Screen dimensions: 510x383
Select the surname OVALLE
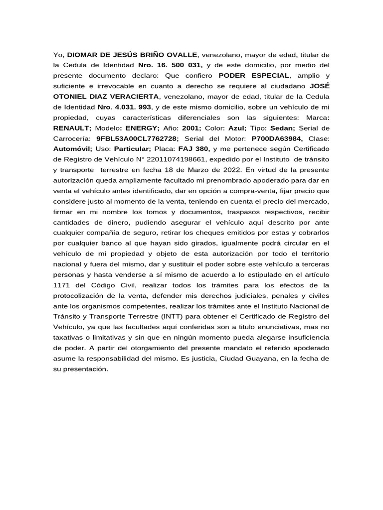(182, 54)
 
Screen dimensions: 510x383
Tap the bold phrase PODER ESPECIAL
(254, 75)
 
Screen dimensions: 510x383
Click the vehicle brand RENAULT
(72, 127)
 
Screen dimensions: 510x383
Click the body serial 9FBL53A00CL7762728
(137, 138)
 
